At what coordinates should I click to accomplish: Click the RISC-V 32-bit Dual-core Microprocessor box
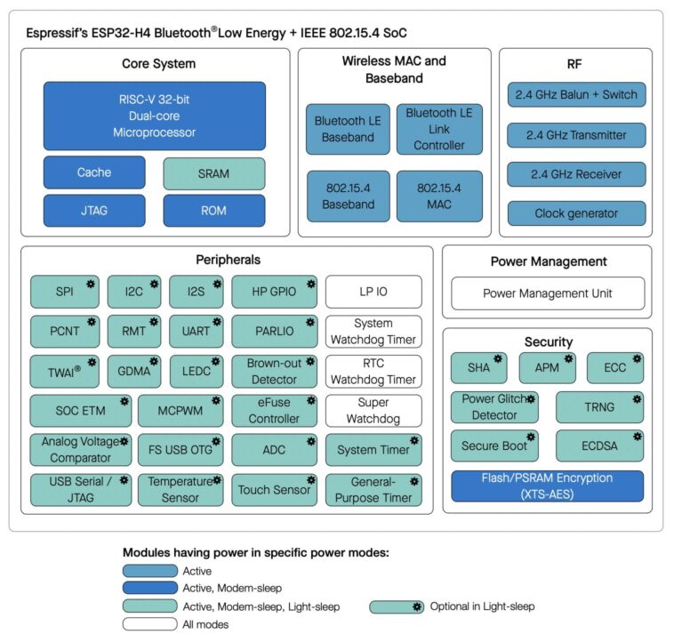(154, 116)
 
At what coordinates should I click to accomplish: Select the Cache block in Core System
(93, 173)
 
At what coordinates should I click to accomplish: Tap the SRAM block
(213, 173)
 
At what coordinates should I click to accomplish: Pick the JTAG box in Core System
(93, 211)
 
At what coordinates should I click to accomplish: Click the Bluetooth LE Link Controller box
(440, 129)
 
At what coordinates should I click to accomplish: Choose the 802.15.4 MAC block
(440, 197)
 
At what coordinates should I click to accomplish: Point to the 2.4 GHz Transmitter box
(576, 135)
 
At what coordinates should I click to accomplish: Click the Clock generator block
(576, 213)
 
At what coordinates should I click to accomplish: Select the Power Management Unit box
(547, 293)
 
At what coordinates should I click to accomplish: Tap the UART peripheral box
(196, 331)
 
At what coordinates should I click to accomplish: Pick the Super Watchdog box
(373, 410)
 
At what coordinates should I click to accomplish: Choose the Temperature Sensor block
(181, 490)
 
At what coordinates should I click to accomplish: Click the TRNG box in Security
(598, 407)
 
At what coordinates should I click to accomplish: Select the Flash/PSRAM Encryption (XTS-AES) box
(547, 486)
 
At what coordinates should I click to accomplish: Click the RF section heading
(575, 64)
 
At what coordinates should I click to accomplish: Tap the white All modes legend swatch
(149, 624)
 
